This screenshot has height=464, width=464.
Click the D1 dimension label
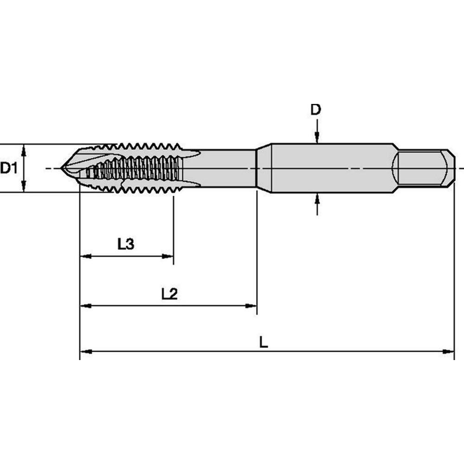tap(8, 168)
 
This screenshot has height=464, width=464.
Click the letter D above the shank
tap(316, 110)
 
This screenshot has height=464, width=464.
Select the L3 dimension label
tap(126, 244)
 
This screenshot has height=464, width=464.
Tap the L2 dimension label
tap(169, 294)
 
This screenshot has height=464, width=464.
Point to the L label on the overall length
tap(263, 343)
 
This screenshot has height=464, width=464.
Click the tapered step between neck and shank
tap(264, 168)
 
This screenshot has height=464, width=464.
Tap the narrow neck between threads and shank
tap(227, 168)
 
